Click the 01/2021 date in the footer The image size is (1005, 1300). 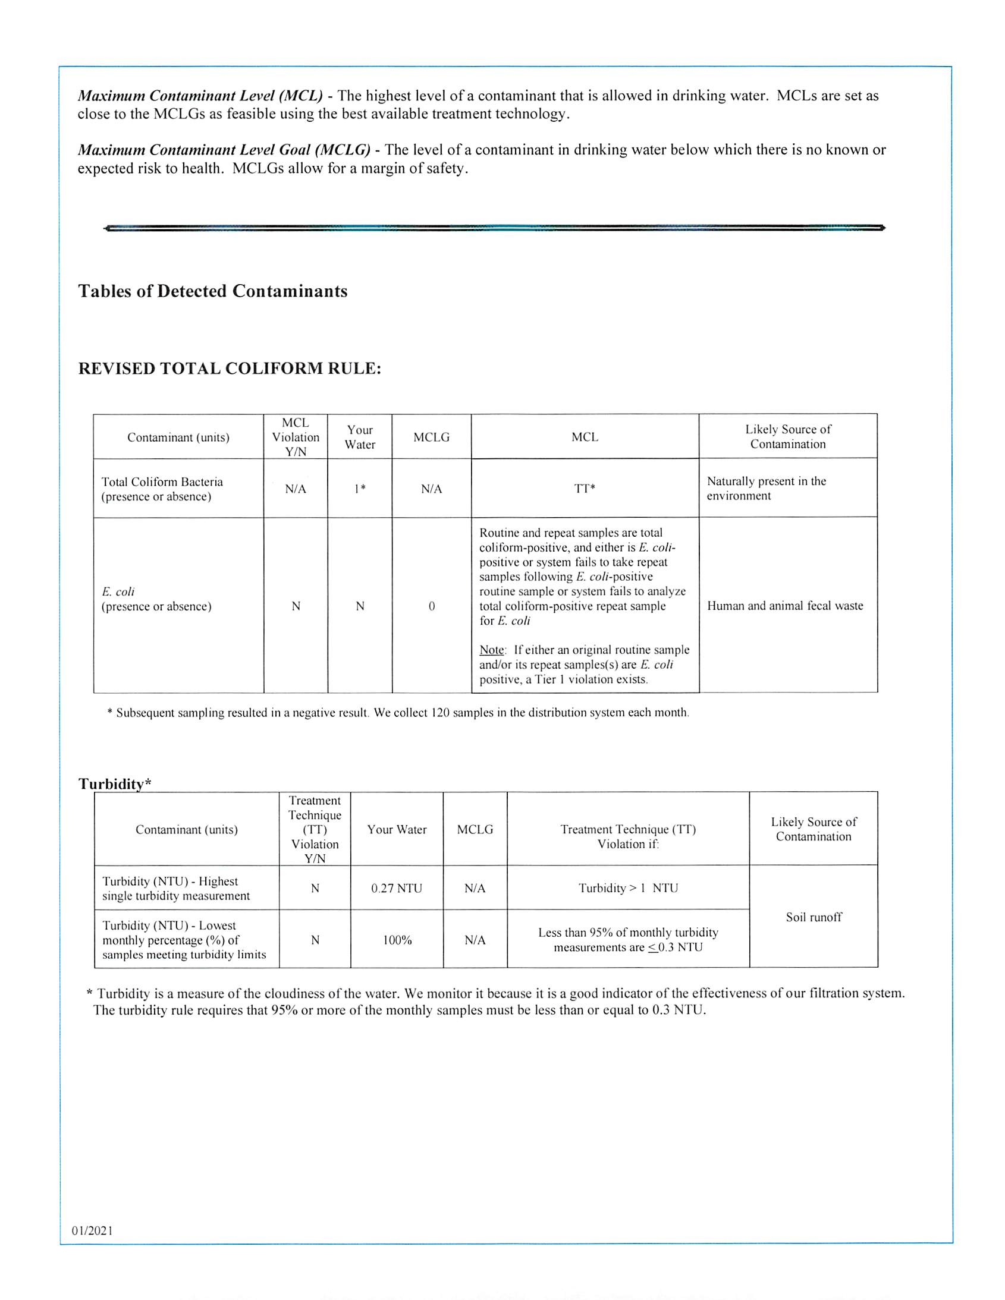click(x=92, y=1230)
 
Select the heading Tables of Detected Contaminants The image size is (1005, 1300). click(x=212, y=291)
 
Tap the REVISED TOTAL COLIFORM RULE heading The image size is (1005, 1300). click(x=230, y=369)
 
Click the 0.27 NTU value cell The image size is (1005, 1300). click(x=397, y=888)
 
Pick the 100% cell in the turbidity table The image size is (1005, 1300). click(x=397, y=940)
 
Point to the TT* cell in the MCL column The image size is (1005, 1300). click(x=585, y=489)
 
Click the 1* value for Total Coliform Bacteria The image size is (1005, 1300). click(x=360, y=489)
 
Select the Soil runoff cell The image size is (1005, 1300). click(x=814, y=917)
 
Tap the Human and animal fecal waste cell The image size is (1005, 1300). click(x=785, y=606)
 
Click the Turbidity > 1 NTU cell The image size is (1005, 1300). click(x=628, y=888)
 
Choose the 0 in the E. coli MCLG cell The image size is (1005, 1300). click(x=432, y=606)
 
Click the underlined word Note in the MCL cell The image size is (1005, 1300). click(x=492, y=650)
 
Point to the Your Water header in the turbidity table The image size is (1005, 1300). click(x=397, y=829)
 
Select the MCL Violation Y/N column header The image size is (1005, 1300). click(x=296, y=437)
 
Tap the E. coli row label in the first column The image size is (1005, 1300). click(x=118, y=591)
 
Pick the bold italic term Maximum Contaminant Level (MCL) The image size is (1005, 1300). click(x=200, y=96)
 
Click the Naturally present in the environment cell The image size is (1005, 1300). click(x=767, y=488)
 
